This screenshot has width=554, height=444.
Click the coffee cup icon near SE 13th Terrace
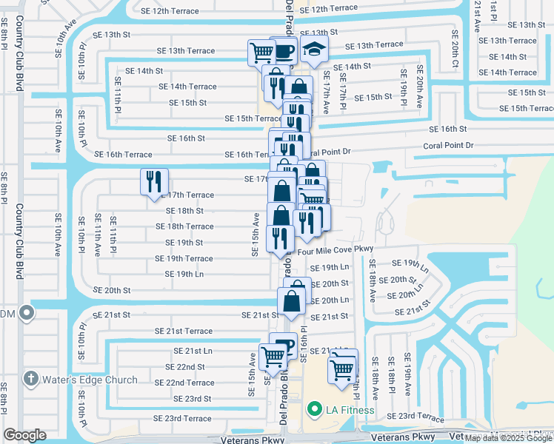tap(283, 51)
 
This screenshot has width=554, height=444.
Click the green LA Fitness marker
tap(314, 409)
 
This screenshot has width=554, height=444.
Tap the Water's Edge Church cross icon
tap(30, 379)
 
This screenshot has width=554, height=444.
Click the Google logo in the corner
tap(25, 435)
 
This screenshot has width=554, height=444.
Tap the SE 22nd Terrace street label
tap(184, 383)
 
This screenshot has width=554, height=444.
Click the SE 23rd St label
tap(192, 398)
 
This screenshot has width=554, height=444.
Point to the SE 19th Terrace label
tap(183, 259)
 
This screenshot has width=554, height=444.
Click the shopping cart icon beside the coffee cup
tap(261, 52)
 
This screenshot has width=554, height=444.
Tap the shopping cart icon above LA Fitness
tap(343, 366)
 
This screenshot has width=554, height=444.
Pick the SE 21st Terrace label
tap(183, 331)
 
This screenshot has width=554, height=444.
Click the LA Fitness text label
tap(351, 410)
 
